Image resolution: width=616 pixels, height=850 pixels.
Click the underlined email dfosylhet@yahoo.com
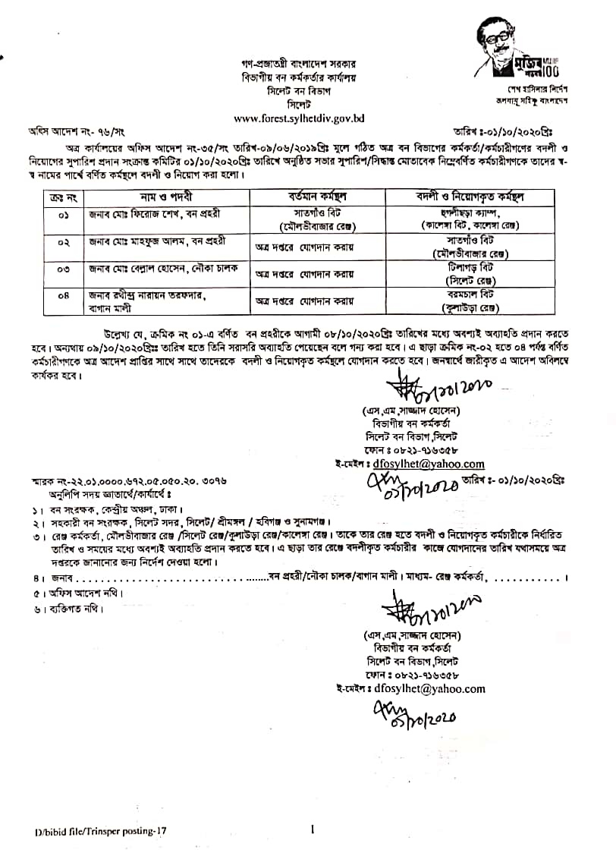click(428, 464)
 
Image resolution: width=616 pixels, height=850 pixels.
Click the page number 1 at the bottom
click(312, 830)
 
